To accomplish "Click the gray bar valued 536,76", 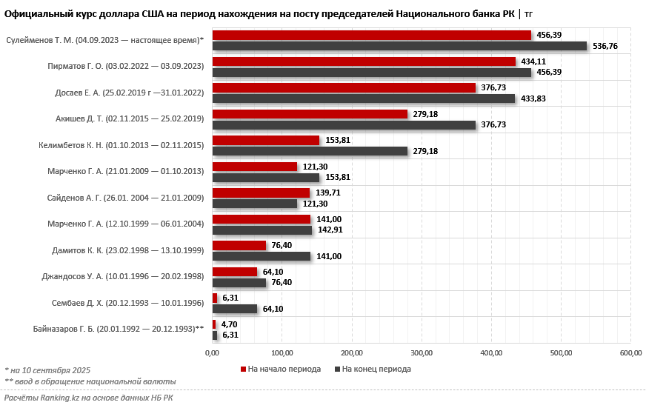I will tap(399, 46).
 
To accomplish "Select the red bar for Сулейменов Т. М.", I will tap(371, 35).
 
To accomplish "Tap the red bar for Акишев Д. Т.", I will tap(310, 114).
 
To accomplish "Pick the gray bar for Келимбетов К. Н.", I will tap(310, 151).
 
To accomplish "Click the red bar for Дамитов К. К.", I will tap(239, 245).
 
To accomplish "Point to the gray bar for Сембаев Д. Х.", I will tap(234, 309).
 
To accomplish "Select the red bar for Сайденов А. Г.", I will tap(261, 193).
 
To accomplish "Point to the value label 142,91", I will tap(330, 230).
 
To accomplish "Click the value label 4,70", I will tap(230, 324).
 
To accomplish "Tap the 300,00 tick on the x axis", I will tap(422, 352).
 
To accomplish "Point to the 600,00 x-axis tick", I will tap(630, 352).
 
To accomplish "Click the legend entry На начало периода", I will tap(282, 369).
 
